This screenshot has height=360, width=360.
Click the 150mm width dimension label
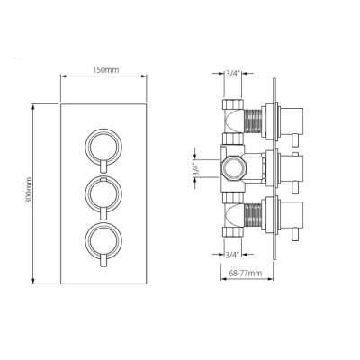(107, 69)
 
